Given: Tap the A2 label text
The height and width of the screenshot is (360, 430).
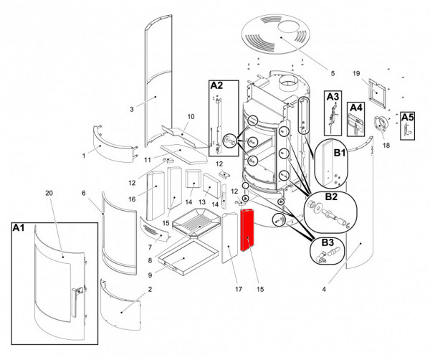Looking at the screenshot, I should (216, 85).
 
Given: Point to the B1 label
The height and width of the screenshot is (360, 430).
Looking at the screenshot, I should (339, 153).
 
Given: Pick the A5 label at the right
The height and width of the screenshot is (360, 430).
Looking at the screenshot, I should (407, 116).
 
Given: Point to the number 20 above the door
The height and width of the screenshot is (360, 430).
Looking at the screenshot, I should (49, 194).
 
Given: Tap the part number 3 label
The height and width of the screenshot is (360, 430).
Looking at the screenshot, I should (132, 109).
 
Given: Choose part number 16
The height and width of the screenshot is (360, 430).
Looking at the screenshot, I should (132, 199).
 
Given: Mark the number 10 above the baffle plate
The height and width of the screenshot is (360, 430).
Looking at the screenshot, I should (191, 116).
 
